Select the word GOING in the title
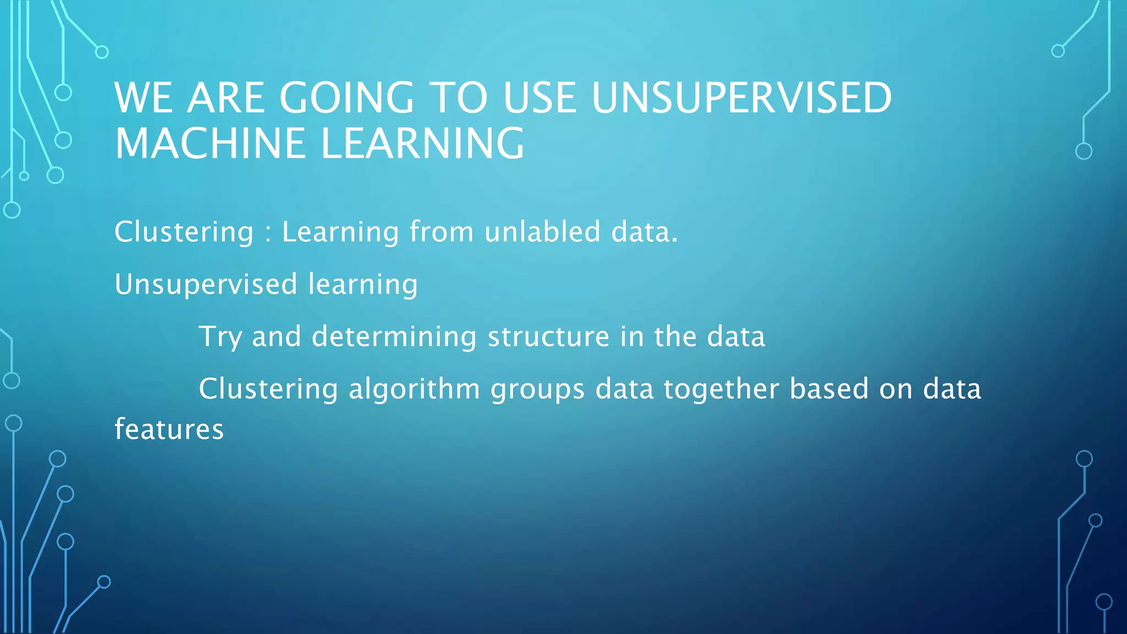(x=346, y=98)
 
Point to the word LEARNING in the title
(x=422, y=143)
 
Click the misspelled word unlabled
(x=542, y=232)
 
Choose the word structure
(x=549, y=336)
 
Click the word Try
(x=220, y=337)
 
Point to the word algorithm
(x=414, y=389)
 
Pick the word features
(x=169, y=429)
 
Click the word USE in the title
(x=539, y=98)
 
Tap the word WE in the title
(x=144, y=98)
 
